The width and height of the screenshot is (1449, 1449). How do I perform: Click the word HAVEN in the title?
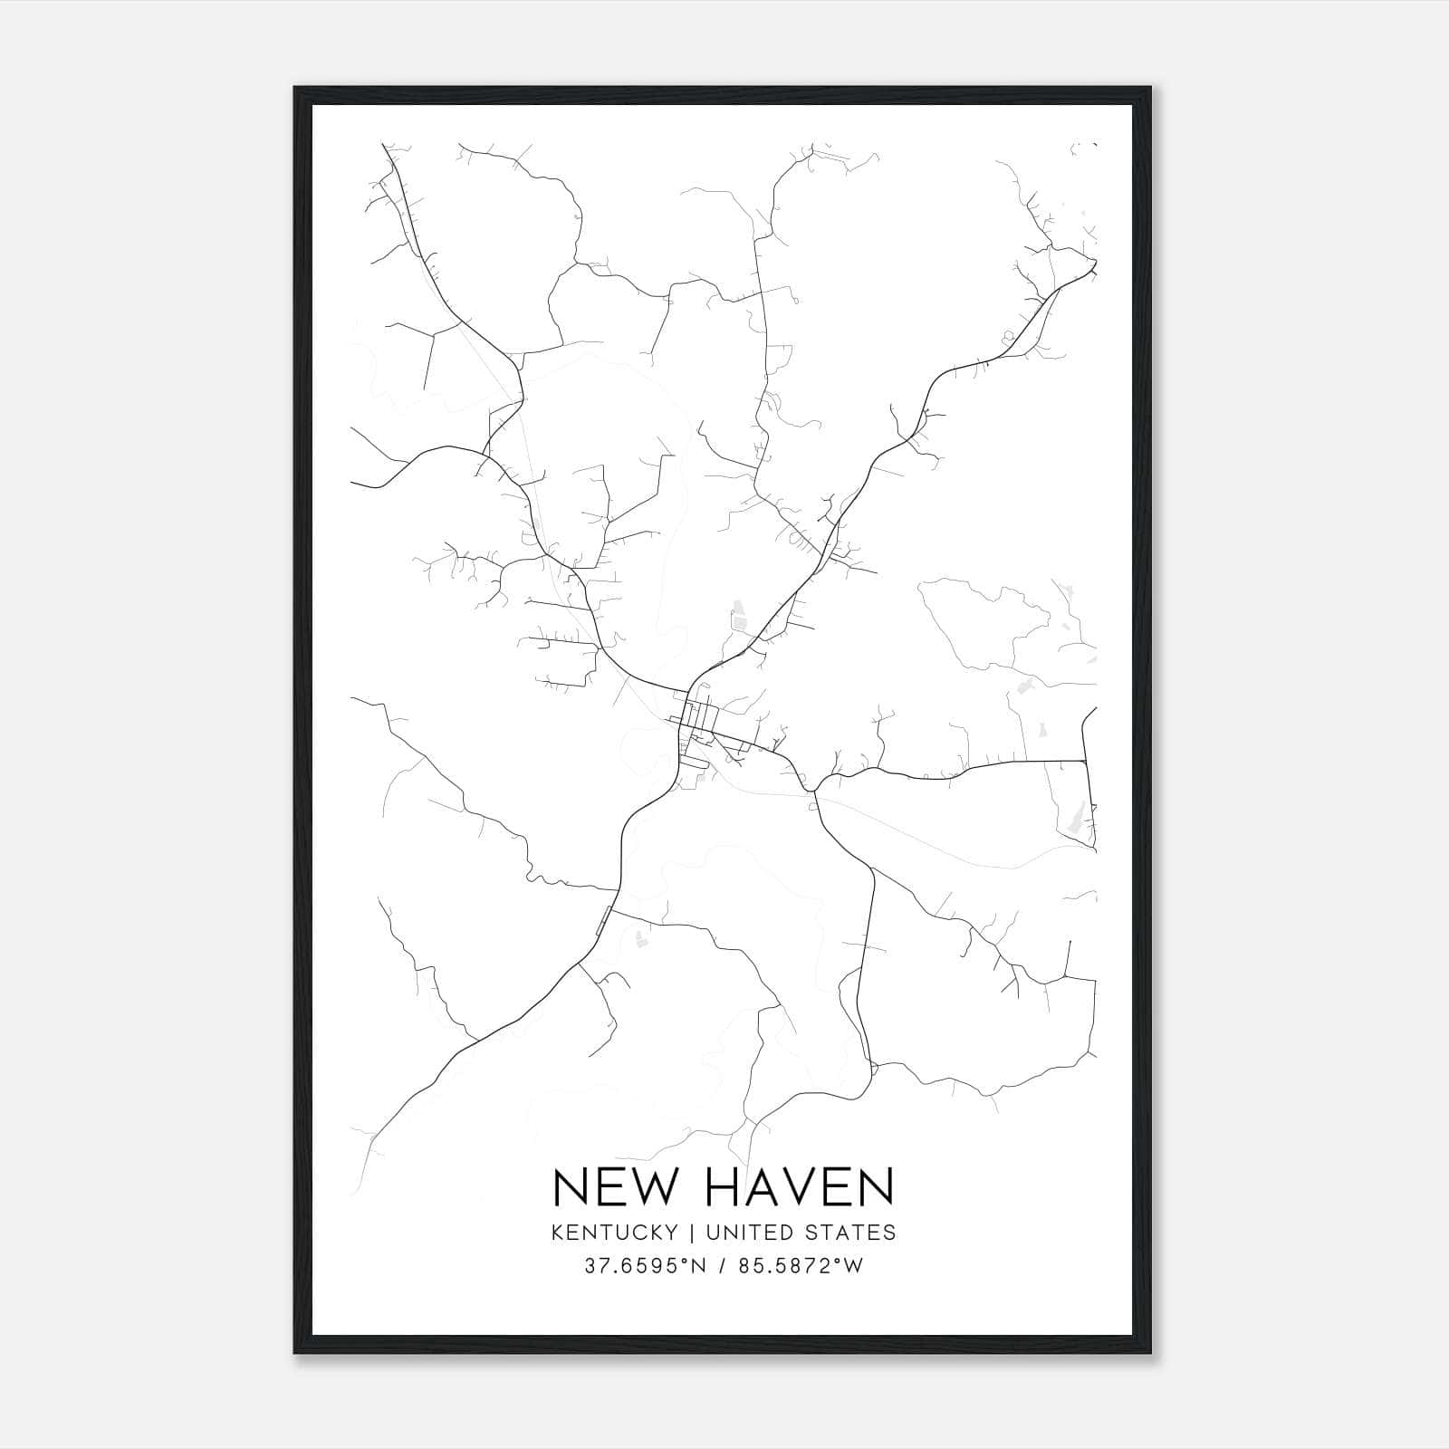point(798,1187)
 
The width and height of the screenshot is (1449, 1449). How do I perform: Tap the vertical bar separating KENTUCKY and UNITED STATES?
point(691,1233)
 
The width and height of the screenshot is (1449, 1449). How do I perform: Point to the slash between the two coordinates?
point(721,1266)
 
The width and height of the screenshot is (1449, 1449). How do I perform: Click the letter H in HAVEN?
point(720,1187)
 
